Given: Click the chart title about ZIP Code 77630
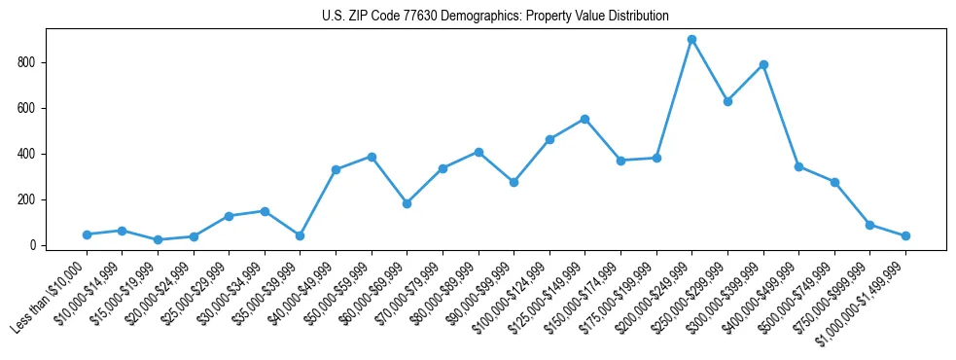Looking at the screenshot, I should (495, 17).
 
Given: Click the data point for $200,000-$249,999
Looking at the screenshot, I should (691, 40).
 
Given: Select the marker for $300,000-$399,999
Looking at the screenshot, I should (763, 65).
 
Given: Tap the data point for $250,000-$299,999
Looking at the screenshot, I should (727, 101).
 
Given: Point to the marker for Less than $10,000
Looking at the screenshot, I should (87, 234).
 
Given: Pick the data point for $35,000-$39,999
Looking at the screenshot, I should (300, 235).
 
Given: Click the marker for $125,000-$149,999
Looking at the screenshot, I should (584, 119).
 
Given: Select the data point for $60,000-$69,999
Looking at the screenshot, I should (407, 203).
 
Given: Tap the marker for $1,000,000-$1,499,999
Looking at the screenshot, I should (905, 235).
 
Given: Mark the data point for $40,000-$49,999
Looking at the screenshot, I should (336, 169).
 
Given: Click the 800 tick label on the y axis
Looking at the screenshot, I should (27, 62).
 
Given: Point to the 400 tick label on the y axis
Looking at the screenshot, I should (27, 154).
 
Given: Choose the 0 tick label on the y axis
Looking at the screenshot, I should (33, 245).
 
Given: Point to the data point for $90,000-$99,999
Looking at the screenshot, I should (513, 182).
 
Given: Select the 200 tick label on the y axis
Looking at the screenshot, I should (27, 199).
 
